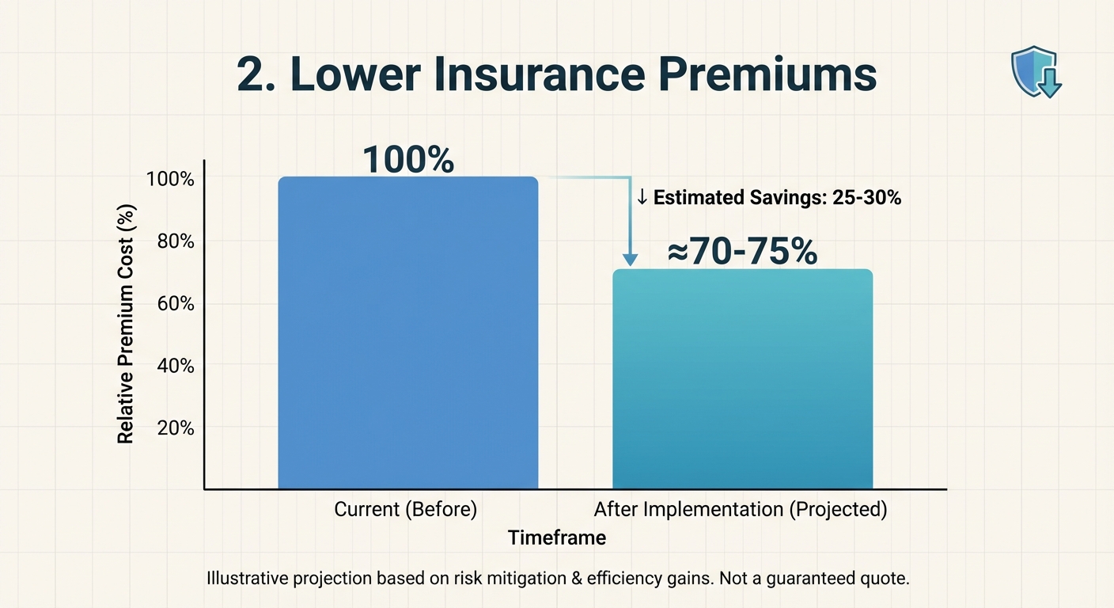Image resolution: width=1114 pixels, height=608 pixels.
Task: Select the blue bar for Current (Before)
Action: tap(408, 332)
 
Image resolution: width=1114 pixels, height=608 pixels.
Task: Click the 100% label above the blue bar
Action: tap(408, 159)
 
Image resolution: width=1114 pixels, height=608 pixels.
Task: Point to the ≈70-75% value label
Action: tap(742, 252)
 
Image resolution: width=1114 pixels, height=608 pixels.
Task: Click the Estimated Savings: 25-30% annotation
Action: tap(769, 198)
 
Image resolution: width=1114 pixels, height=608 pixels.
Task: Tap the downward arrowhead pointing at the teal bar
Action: tap(630, 258)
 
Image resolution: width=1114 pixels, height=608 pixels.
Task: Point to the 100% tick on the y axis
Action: tap(170, 179)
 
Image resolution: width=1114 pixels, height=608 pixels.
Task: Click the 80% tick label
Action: tap(175, 241)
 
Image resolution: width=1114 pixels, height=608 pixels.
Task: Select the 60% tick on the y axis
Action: tap(175, 304)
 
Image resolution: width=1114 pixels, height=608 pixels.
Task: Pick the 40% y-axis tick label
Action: tap(175, 366)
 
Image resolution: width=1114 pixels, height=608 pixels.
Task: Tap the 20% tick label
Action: tap(175, 427)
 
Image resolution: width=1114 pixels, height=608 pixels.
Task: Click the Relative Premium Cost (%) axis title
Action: tap(127, 324)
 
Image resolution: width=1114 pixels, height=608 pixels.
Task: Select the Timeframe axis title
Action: tap(557, 538)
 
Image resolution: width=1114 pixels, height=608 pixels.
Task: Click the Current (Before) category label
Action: tap(405, 510)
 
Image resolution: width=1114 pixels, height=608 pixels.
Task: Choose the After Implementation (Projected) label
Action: tap(741, 510)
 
